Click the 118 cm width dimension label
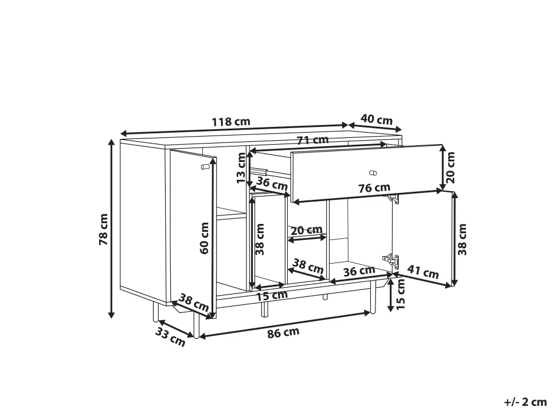click(x=231, y=122)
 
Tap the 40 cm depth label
click(x=377, y=119)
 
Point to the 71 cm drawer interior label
click(x=313, y=140)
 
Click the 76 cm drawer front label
click(x=374, y=188)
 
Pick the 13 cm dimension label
click(x=241, y=168)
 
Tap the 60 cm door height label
click(x=204, y=238)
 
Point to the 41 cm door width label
click(x=422, y=272)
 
